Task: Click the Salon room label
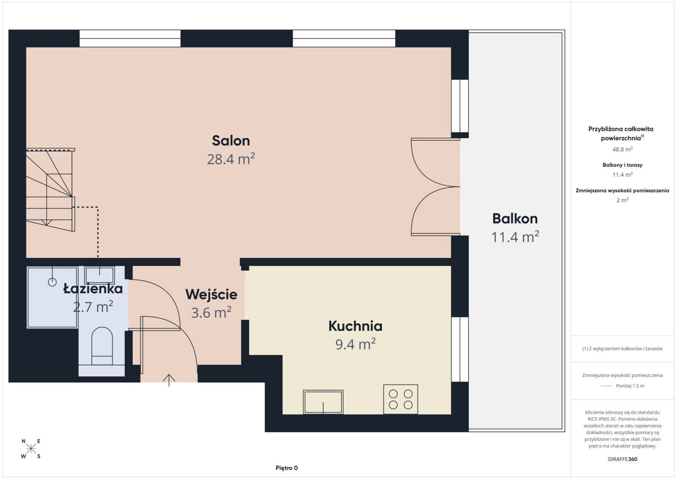[x=231, y=141]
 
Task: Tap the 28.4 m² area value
[x=231, y=159]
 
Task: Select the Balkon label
[x=515, y=218]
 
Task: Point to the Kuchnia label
[x=355, y=326]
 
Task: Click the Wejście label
[x=211, y=295]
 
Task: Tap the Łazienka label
[x=93, y=289]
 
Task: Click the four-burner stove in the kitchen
[x=400, y=399]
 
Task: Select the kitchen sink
[x=323, y=402]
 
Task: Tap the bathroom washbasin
[x=99, y=275]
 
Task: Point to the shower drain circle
[x=52, y=282]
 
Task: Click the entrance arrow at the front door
[x=169, y=380]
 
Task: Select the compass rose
[x=31, y=449]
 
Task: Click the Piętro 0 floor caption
[x=286, y=468]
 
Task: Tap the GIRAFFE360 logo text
[x=622, y=459]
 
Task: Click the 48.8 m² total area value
[x=622, y=149]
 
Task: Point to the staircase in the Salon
[x=50, y=190]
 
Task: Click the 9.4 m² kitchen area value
[x=355, y=344]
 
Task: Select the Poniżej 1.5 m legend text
[x=630, y=385]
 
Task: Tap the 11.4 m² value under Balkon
[x=515, y=237]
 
